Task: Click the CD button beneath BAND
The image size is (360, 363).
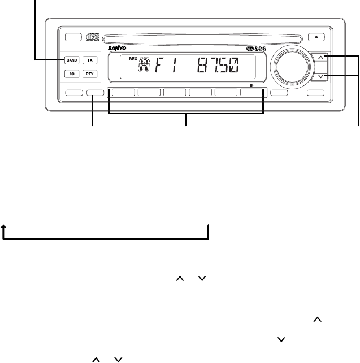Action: tap(72, 74)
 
